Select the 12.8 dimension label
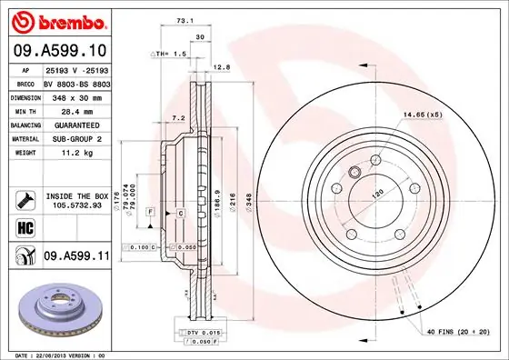[x=220, y=65]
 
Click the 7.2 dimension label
[x=179, y=118]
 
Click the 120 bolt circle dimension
[x=374, y=193]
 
